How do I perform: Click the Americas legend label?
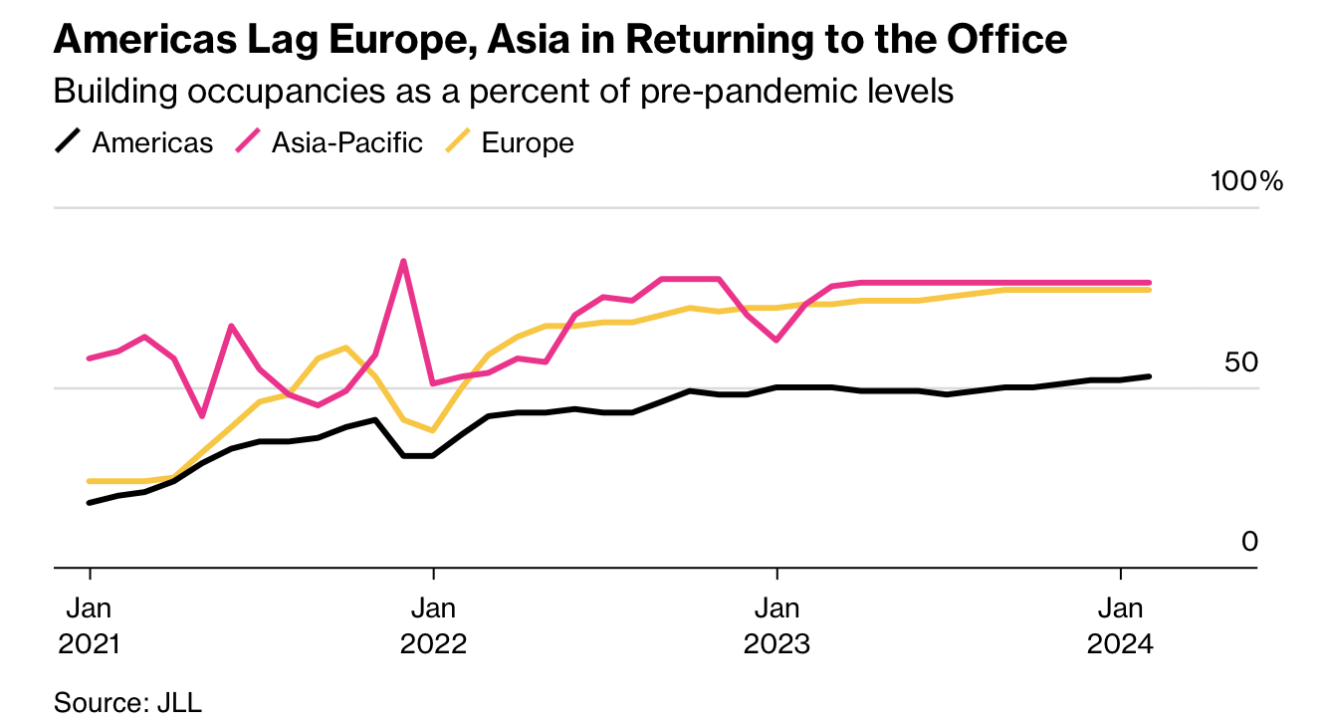(x=152, y=142)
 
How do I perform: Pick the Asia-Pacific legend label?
(x=346, y=142)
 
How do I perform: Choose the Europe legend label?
(x=528, y=142)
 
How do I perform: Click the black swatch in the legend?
(x=68, y=142)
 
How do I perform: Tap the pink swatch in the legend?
(x=248, y=142)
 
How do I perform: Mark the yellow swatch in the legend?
(x=457, y=142)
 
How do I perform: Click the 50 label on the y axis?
(x=1241, y=363)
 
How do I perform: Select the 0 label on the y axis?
(x=1250, y=542)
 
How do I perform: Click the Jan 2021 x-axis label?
(x=90, y=625)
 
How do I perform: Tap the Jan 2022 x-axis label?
(x=433, y=625)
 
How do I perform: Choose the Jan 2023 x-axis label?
(x=776, y=625)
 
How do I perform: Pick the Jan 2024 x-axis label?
(x=1121, y=625)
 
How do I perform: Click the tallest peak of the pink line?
(x=403, y=261)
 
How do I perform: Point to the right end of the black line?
(x=1150, y=376)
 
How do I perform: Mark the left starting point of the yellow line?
(x=90, y=481)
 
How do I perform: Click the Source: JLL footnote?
(x=127, y=702)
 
